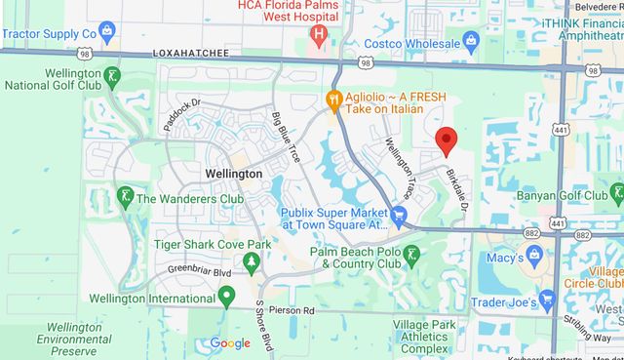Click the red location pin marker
tap(446, 141)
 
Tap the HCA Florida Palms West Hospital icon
tap(318, 35)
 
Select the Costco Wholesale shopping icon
tap(471, 41)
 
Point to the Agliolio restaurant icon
tap(333, 98)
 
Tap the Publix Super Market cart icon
tap(399, 214)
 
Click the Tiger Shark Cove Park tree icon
tap(251, 260)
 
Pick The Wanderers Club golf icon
tap(125, 198)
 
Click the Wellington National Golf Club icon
tap(114, 77)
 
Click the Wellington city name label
tap(234, 174)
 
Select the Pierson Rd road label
tap(295, 310)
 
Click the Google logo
tap(230, 343)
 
